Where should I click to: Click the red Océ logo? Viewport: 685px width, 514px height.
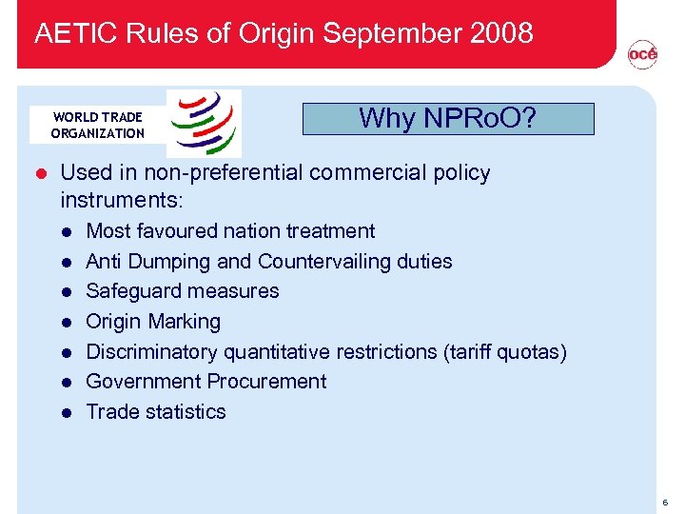pos(642,56)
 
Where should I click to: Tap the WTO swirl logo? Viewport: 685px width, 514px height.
pos(204,123)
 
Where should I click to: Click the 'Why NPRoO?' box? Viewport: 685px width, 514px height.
pos(447,119)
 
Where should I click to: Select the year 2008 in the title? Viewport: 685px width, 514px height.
pos(501,33)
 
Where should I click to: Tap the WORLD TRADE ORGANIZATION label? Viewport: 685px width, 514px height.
pos(97,126)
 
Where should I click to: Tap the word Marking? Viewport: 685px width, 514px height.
pos(185,322)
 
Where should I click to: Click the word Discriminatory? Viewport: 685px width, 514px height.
pos(152,352)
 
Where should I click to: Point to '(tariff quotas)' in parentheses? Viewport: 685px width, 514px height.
pos(504,352)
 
